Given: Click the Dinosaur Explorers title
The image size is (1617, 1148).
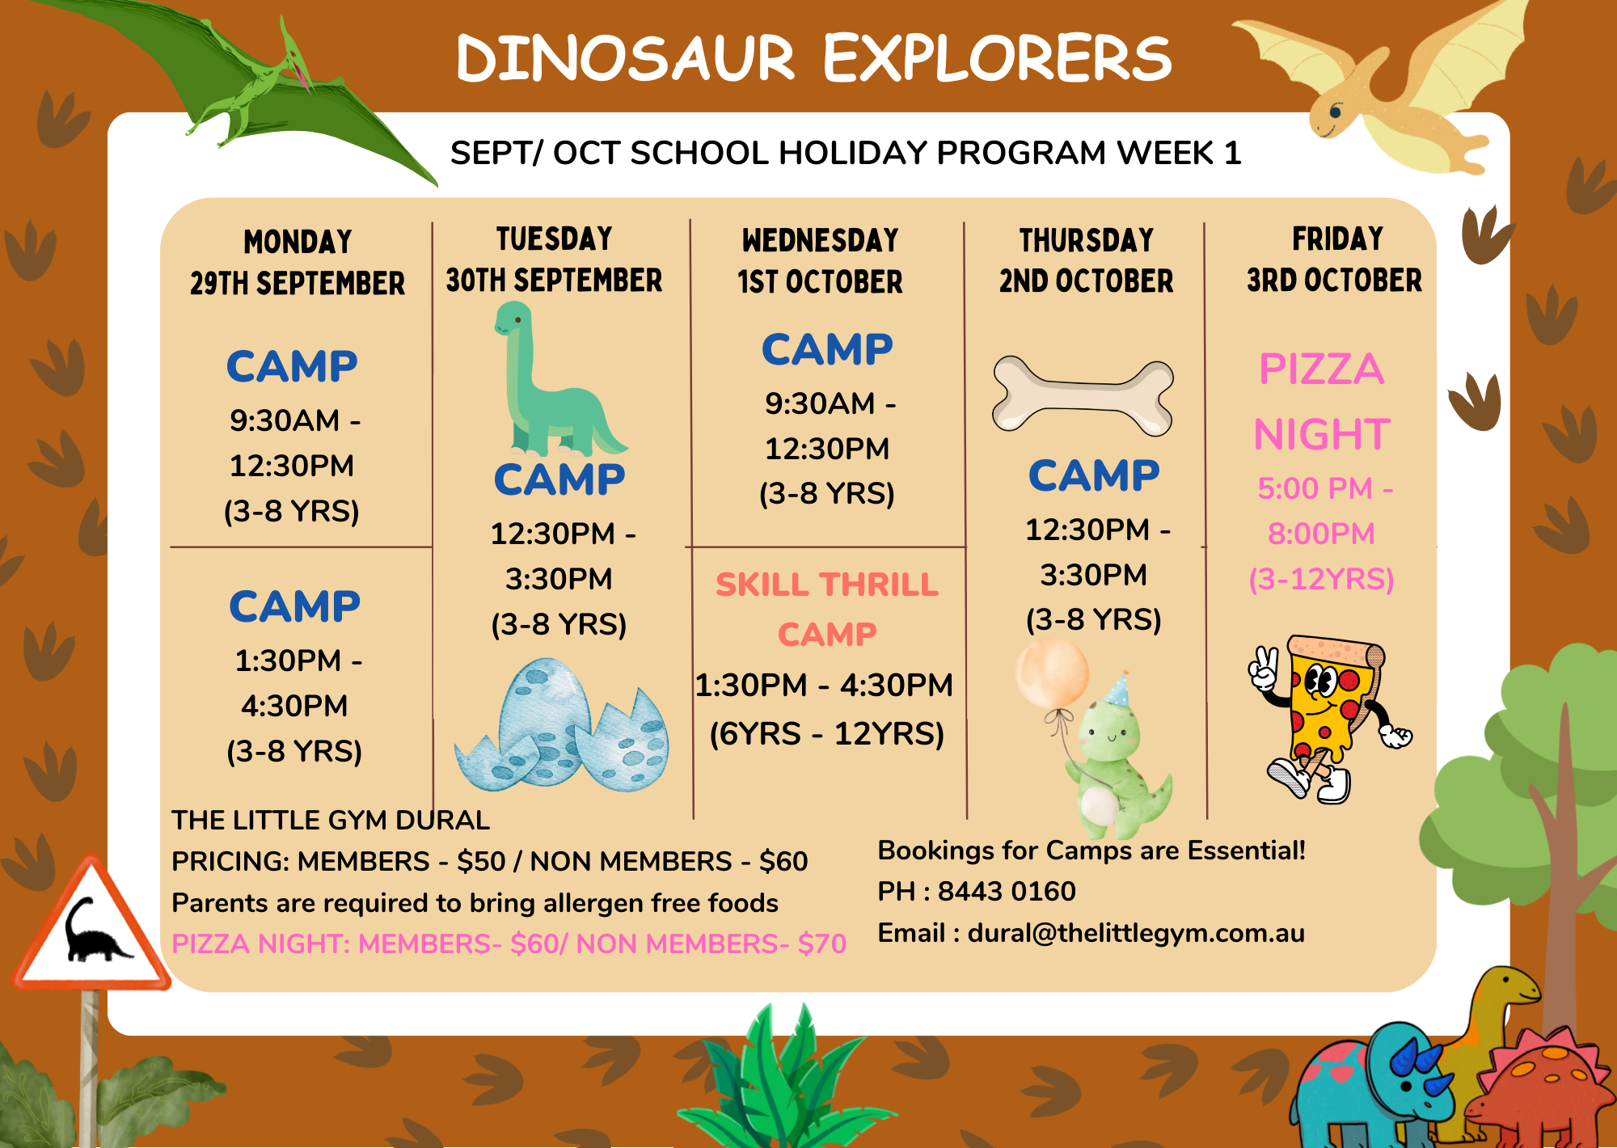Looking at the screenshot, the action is pos(813,57).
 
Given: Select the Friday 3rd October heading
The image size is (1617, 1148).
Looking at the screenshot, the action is pos(1334,260).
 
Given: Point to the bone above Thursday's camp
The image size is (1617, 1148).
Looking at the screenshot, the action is pos(1083,395).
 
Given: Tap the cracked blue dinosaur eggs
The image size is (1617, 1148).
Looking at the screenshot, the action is pos(562,724).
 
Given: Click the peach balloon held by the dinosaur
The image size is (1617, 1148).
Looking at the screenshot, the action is pos(1052,673).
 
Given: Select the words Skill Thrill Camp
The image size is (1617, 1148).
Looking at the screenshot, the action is pos(827,609).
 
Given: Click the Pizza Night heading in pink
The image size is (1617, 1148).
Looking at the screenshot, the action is pos(1322,401).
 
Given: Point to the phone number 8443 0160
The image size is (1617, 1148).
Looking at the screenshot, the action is pos(1007,891).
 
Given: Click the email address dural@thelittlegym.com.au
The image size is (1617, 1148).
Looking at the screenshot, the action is pos(1136,933).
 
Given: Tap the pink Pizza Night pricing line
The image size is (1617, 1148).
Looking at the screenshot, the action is pos(509,943).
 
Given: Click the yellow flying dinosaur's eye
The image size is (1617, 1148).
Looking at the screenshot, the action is pos(1335,111).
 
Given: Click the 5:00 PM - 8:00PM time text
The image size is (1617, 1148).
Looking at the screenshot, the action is pos(1324,511).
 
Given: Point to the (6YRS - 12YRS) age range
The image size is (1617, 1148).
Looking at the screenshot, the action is pos(826,734).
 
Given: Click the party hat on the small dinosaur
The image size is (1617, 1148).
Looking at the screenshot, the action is pos(1117,690).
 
